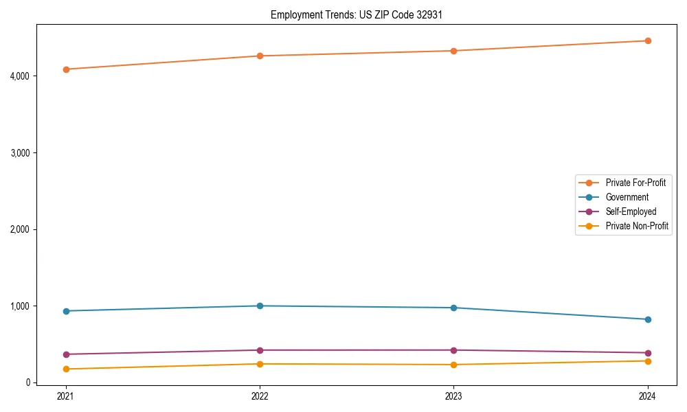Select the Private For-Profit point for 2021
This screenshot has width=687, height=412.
(x=66, y=69)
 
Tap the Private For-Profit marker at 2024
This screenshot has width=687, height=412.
(x=648, y=41)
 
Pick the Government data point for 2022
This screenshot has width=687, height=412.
(x=260, y=306)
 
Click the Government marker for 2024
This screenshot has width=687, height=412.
(x=648, y=319)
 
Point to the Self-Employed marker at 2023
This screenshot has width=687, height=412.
(x=453, y=350)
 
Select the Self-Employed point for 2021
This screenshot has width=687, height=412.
(x=66, y=354)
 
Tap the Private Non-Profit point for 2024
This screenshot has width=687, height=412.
(x=648, y=361)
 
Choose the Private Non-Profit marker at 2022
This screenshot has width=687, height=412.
(x=260, y=364)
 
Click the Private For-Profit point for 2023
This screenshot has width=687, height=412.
(x=453, y=51)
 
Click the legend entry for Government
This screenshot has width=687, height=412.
(x=627, y=197)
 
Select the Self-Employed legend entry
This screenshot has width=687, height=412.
(x=631, y=211)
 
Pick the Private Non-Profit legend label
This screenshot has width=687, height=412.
(x=637, y=226)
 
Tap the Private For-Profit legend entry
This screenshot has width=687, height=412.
(x=635, y=183)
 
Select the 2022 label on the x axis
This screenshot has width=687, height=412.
(x=260, y=396)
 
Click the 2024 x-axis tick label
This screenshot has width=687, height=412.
(x=648, y=396)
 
